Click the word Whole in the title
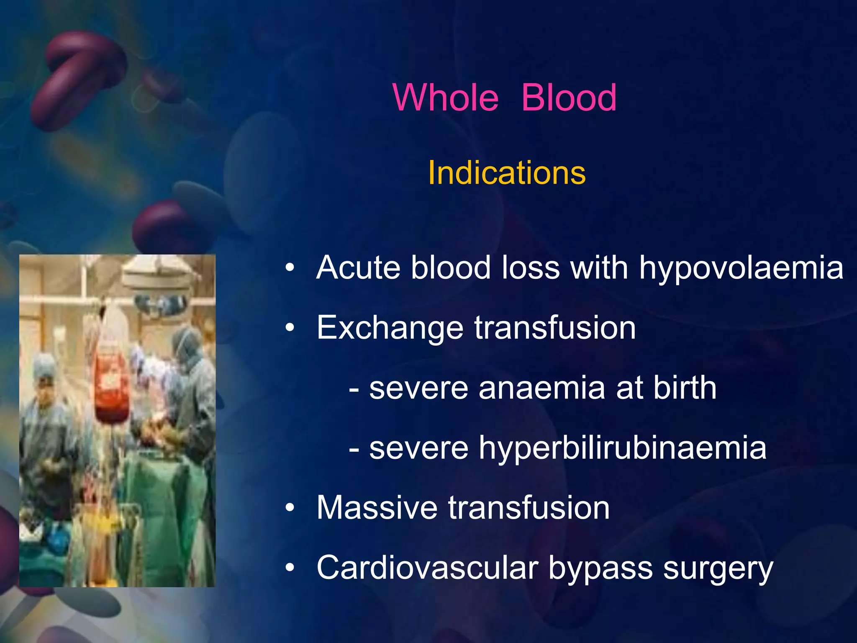pos(446,98)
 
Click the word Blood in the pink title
pos(569,98)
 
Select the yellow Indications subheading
pos(506,173)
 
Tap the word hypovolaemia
pos(741,268)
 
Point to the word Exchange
pos(390,328)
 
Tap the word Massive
pos(377,508)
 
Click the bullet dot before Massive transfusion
pos(290,508)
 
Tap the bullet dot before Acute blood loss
pos(290,268)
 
